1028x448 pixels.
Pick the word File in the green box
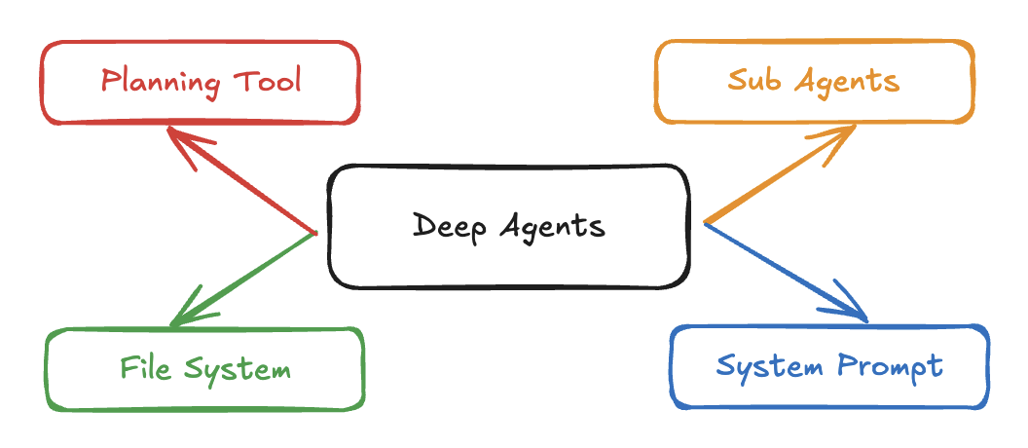pos(143,368)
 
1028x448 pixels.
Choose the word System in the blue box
pos(768,366)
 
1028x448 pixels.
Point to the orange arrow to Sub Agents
pos(779,176)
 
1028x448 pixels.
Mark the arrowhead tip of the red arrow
pos(168,128)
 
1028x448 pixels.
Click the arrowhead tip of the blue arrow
pos(865,318)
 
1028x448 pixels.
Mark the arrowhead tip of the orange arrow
pos(855,126)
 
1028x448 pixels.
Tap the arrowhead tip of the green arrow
pos(170,325)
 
